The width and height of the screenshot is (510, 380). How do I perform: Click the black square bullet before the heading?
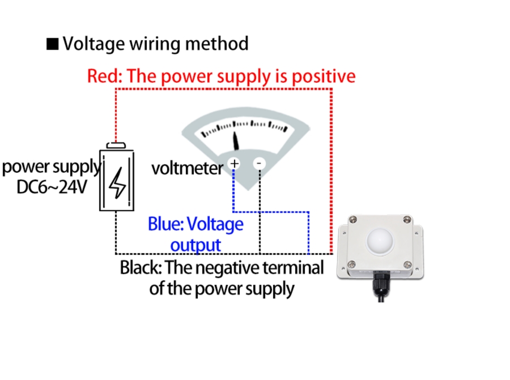tap(53, 45)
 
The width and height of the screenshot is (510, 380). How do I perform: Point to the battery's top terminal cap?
tap(116, 146)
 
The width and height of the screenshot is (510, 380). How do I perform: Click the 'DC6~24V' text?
tap(52, 186)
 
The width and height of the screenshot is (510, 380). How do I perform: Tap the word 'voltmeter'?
tap(187, 168)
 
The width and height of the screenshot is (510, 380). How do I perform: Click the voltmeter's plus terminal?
tap(233, 164)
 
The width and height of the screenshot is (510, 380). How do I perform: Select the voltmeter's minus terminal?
tap(259, 164)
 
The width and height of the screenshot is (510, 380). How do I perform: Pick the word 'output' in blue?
tap(195, 245)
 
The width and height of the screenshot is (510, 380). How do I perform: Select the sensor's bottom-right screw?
tap(406, 263)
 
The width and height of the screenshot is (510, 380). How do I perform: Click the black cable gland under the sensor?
tap(379, 281)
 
